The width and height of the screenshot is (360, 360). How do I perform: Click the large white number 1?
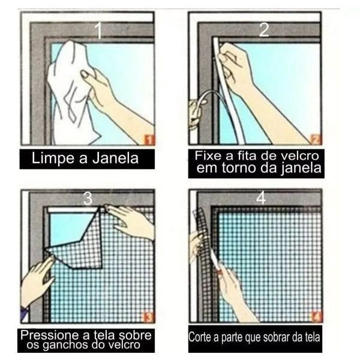tap(98, 30)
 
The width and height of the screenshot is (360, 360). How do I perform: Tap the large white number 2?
tap(264, 29)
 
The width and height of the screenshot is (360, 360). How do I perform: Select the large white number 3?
tap(88, 199)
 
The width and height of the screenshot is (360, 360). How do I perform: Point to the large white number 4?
tap(261, 198)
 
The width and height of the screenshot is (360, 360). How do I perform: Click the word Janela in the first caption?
tap(115, 158)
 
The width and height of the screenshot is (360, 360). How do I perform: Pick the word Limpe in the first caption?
tap(54, 158)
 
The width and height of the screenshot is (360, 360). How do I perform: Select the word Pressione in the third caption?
tap(50, 335)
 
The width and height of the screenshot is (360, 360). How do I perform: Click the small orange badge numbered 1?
tap(149, 140)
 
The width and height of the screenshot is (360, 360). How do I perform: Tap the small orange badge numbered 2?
tap(316, 139)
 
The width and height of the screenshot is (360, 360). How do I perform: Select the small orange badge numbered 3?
tap(149, 317)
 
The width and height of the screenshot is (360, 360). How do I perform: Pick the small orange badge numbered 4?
tap(316, 317)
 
